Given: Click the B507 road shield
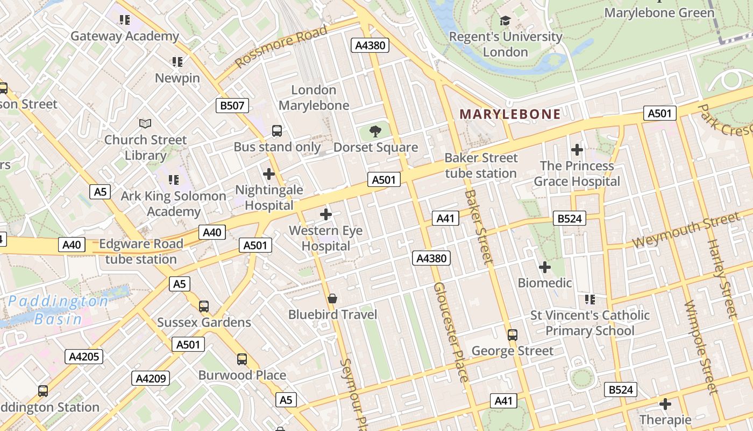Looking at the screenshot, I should click(232, 105).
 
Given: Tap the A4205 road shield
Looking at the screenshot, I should click(83, 356).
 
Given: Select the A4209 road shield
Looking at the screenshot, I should click(151, 378).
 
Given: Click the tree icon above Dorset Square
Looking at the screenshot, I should click(375, 131).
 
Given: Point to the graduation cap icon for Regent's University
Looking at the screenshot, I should click(505, 21).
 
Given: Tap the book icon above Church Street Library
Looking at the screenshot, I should click(145, 123).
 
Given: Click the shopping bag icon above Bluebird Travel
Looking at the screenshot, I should click(332, 298).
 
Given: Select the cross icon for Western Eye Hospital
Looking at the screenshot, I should click(325, 214).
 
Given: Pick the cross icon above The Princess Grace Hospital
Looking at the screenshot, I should click(577, 149).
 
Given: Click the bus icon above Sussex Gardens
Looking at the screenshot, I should click(204, 306).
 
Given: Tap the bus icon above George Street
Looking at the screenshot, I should click(512, 335).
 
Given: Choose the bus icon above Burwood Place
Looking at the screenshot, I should click(242, 359).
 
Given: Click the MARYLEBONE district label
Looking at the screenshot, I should click(510, 114).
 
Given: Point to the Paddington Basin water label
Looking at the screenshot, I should click(58, 310).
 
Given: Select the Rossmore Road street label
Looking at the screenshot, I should click(281, 46).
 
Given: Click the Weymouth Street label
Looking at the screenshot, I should click(686, 231).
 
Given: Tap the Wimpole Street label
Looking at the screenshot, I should click(701, 347).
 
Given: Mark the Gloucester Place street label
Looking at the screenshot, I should click(451, 331).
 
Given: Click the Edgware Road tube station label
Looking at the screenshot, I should click(141, 251).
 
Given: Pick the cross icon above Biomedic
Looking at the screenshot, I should click(545, 267).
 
